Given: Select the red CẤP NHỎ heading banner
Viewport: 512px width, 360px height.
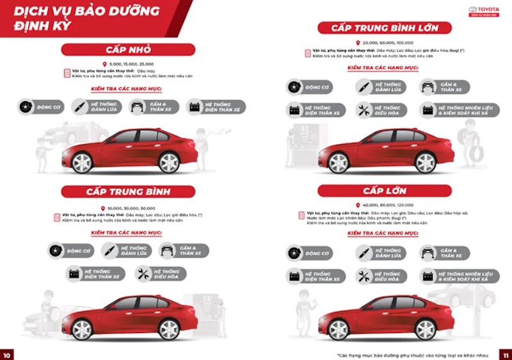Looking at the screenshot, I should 128,50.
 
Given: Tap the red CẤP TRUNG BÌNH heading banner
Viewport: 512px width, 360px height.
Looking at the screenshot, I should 128,191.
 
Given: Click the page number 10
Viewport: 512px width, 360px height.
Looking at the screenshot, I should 7,354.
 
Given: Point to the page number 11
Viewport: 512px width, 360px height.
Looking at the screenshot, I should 504,354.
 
